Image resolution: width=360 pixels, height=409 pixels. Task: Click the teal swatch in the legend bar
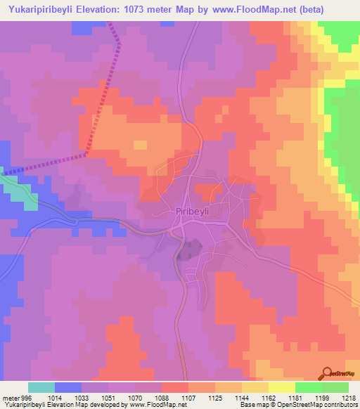pyautogui.click(x=41, y=387)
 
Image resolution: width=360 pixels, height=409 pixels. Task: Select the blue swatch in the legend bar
pyautogui.click(x=68, y=387)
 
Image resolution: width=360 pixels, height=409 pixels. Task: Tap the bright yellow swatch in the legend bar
pyautogui.click(x=281, y=387)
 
